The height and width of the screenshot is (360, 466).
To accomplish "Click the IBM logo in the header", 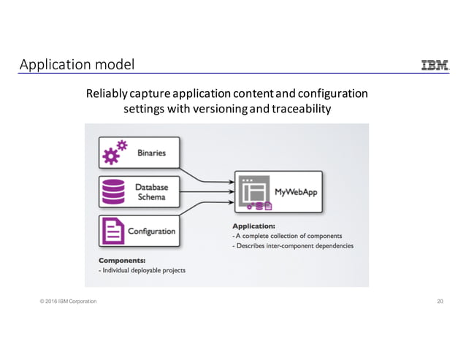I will tap(435, 66).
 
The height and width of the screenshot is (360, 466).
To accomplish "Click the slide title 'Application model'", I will tap(77, 65).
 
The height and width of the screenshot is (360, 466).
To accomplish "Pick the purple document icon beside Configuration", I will tap(115, 231).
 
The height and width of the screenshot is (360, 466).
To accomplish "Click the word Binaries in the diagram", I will tap(152, 153).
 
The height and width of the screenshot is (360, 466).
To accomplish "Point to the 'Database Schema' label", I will tap(152, 192).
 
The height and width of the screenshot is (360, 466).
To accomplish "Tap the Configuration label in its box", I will tap(152, 231).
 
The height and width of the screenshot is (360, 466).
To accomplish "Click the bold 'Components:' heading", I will tap(121, 260).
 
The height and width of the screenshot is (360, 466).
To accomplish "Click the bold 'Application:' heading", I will tap(253, 226).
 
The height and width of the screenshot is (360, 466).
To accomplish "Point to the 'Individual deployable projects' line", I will tap(142, 270).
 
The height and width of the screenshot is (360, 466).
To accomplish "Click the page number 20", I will tap(440, 301).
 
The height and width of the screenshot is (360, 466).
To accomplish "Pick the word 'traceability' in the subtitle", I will tap(302, 110).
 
